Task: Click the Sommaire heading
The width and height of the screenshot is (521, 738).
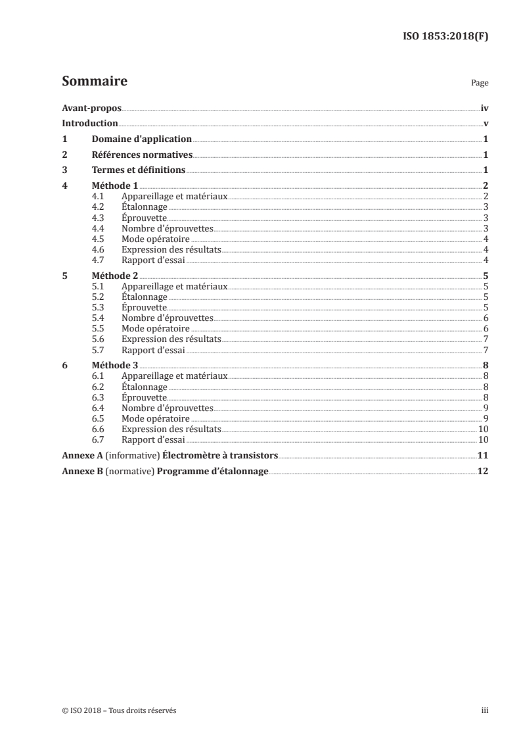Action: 94,82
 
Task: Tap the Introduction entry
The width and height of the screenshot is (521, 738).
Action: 89,124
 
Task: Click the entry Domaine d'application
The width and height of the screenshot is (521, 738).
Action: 141,139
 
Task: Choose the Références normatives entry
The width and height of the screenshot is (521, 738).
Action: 142,155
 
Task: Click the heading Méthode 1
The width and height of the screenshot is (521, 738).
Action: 115,187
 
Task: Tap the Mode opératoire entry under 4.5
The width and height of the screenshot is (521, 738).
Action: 156,239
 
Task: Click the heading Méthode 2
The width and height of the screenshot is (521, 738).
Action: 115,276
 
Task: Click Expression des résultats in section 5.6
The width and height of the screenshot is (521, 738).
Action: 171,339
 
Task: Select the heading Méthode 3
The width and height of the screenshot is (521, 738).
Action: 115,366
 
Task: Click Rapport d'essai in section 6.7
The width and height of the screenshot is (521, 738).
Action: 153,439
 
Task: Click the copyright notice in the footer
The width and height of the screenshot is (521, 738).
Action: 118,711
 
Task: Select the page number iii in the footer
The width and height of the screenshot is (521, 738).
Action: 485,711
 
